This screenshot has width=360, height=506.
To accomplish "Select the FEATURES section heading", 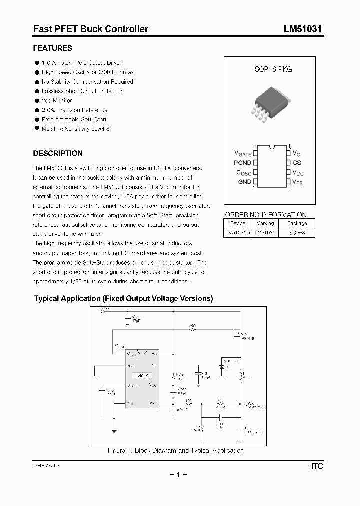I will (x=52, y=48).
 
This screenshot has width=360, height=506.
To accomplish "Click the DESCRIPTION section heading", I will (x=57, y=153).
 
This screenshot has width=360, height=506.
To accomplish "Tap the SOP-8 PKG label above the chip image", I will (x=273, y=69).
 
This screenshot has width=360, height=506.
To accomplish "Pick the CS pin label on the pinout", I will (x=297, y=163).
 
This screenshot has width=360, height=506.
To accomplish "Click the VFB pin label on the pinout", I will (x=298, y=183).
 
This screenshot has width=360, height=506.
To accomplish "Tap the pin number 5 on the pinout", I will (x=289, y=188).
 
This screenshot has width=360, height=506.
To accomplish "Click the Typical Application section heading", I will (x=123, y=299).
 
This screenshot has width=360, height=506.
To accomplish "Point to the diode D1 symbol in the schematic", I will (x=222, y=367).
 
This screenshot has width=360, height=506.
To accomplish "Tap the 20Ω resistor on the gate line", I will (x=192, y=330).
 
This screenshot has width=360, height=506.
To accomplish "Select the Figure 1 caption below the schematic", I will (x=175, y=450).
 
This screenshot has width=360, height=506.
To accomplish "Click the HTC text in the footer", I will (x=315, y=466).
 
